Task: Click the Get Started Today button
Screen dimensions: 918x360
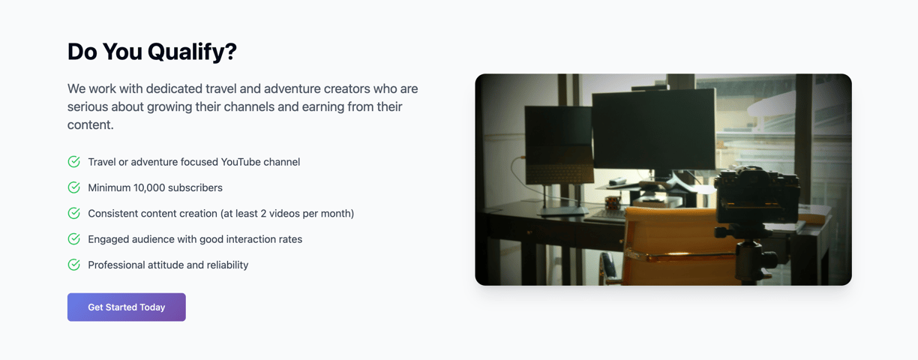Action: [x=126, y=307]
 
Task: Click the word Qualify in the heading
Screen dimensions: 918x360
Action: [x=192, y=52]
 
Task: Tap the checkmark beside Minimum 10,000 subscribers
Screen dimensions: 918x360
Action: [x=73, y=187]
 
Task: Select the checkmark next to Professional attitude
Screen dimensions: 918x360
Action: [x=73, y=265]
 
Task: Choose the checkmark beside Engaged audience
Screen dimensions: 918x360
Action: [x=73, y=239]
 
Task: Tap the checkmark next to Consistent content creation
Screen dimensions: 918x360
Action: [x=73, y=213]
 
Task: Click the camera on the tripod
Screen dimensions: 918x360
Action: [x=757, y=196]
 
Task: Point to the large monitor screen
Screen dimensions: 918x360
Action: [x=654, y=129]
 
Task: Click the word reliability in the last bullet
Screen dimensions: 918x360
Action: [x=227, y=265]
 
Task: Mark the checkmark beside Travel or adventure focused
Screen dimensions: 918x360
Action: [x=73, y=161]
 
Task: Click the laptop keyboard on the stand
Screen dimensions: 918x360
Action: [x=559, y=173]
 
